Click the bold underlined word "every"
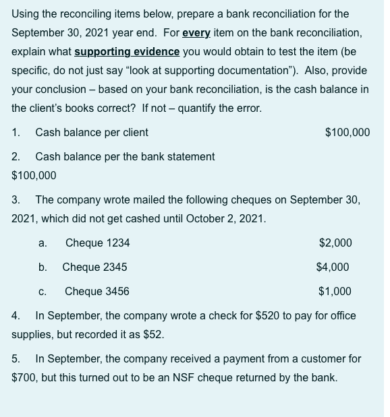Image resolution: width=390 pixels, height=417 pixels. (196, 32)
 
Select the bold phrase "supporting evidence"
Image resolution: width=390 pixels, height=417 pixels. (127, 51)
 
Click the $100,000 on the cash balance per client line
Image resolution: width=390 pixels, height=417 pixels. (347, 132)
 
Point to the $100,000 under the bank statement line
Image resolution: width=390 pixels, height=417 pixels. (34, 175)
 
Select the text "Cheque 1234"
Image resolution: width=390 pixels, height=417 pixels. (97, 243)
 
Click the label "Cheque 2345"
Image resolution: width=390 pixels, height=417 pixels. (94, 267)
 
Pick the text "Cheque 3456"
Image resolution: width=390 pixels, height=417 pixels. (97, 292)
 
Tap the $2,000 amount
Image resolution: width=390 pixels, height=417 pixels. (335, 243)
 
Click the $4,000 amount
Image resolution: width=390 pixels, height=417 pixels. (333, 267)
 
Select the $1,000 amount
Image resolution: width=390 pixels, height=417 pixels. (335, 292)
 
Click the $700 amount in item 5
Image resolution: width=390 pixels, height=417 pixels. (24, 377)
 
